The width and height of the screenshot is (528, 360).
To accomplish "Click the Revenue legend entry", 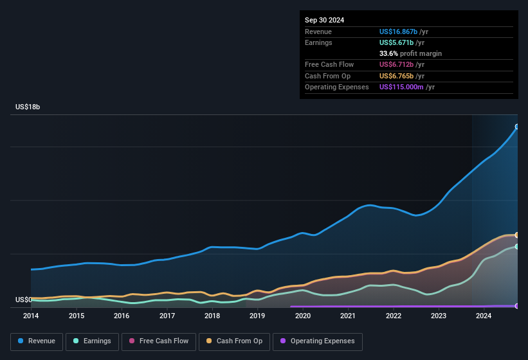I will point(37,341).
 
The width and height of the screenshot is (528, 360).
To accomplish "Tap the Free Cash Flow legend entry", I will point(159,341).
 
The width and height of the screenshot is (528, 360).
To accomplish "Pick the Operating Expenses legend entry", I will point(318,341).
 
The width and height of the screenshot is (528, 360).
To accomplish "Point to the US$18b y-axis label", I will point(28,107).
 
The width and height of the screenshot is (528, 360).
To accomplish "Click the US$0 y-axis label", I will point(23,300).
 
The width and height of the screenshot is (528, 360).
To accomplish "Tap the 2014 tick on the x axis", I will point(31,316).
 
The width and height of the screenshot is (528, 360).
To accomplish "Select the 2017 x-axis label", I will point(167,316).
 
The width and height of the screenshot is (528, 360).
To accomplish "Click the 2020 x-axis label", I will point(303,316).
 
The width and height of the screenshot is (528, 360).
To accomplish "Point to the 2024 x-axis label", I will point(484,316).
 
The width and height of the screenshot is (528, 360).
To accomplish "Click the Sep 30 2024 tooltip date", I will point(324,20).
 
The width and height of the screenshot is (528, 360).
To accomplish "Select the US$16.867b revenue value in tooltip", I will point(398,32).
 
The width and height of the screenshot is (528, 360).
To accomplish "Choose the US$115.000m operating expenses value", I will point(402,87).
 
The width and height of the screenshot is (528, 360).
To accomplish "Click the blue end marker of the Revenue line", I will point(516,127).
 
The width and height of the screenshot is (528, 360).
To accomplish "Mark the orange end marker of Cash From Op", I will point(516,235).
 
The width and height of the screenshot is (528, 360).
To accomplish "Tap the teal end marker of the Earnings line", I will point(516,246).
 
